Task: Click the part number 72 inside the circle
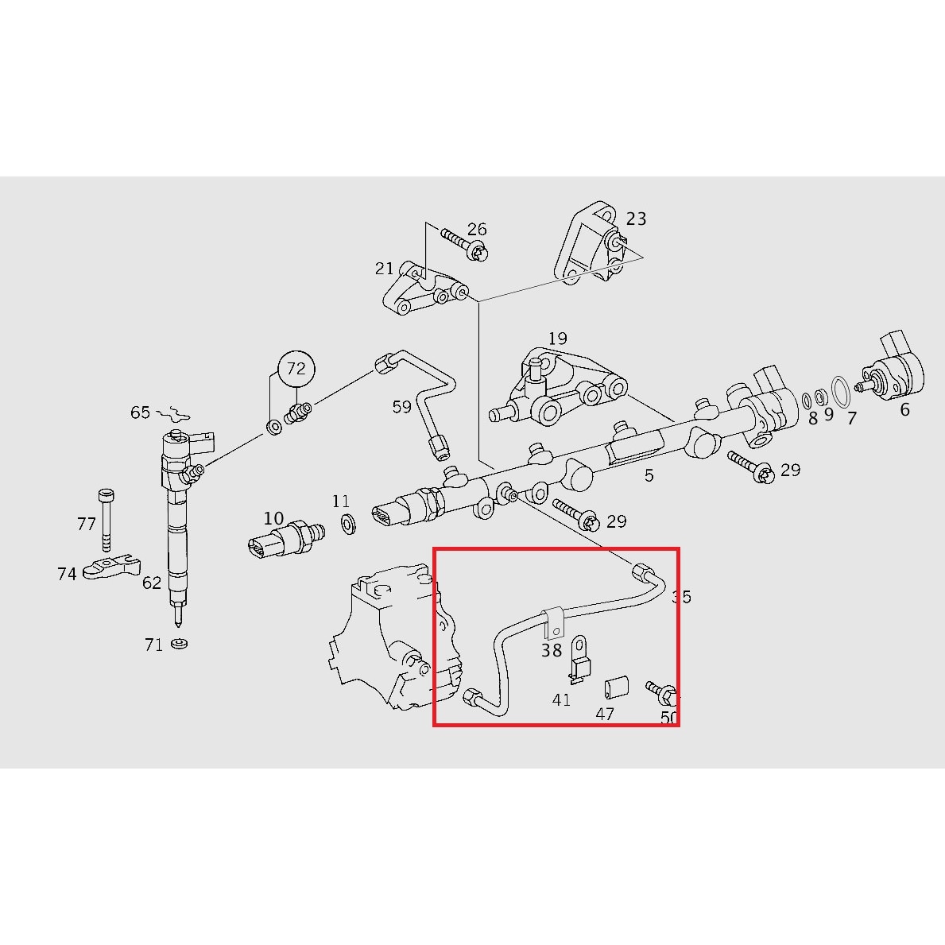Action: pyautogui.click(x=296, y=369)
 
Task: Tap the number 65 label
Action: pyautogui.click(x=140, y=412)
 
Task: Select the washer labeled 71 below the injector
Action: pyautogui.click(x=180, y=643)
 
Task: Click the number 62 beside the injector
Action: pyautogui.click(x=152, y=583)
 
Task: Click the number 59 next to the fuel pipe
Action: pyautogui.click(x=402, y=407)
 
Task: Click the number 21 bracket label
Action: pyautogui.click(x=385, y=269)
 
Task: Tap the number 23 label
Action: pyautogui.click(x=636, y=219)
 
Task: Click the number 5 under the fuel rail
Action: pyautogui.click(x=649, y=475)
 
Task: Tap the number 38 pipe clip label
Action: pyautogui.click(x=552, y=650)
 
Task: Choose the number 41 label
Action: pyautogui.click(x=561, y=700)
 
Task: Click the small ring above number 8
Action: pyautogui.click(x=808, y=397)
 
